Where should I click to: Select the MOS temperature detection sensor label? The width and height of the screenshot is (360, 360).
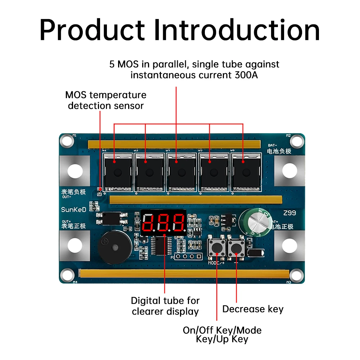pyautogui.click(x=106, y=100)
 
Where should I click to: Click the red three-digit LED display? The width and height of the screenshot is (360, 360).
pyautogui.click(x=163, y=222)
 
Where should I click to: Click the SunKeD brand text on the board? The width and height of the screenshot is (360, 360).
pyautogui.click(x=73, y=210)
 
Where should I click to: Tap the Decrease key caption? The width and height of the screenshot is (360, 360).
pyautogui.click(x=253, y=309)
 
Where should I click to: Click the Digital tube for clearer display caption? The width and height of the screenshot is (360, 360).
pyautogui.click(x=165, y=306)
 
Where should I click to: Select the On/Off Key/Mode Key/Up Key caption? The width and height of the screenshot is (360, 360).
pyautogui.click(x=222, y=335)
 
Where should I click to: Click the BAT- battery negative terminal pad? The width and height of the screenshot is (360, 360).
pyautogui.click(x=289, y=170)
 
